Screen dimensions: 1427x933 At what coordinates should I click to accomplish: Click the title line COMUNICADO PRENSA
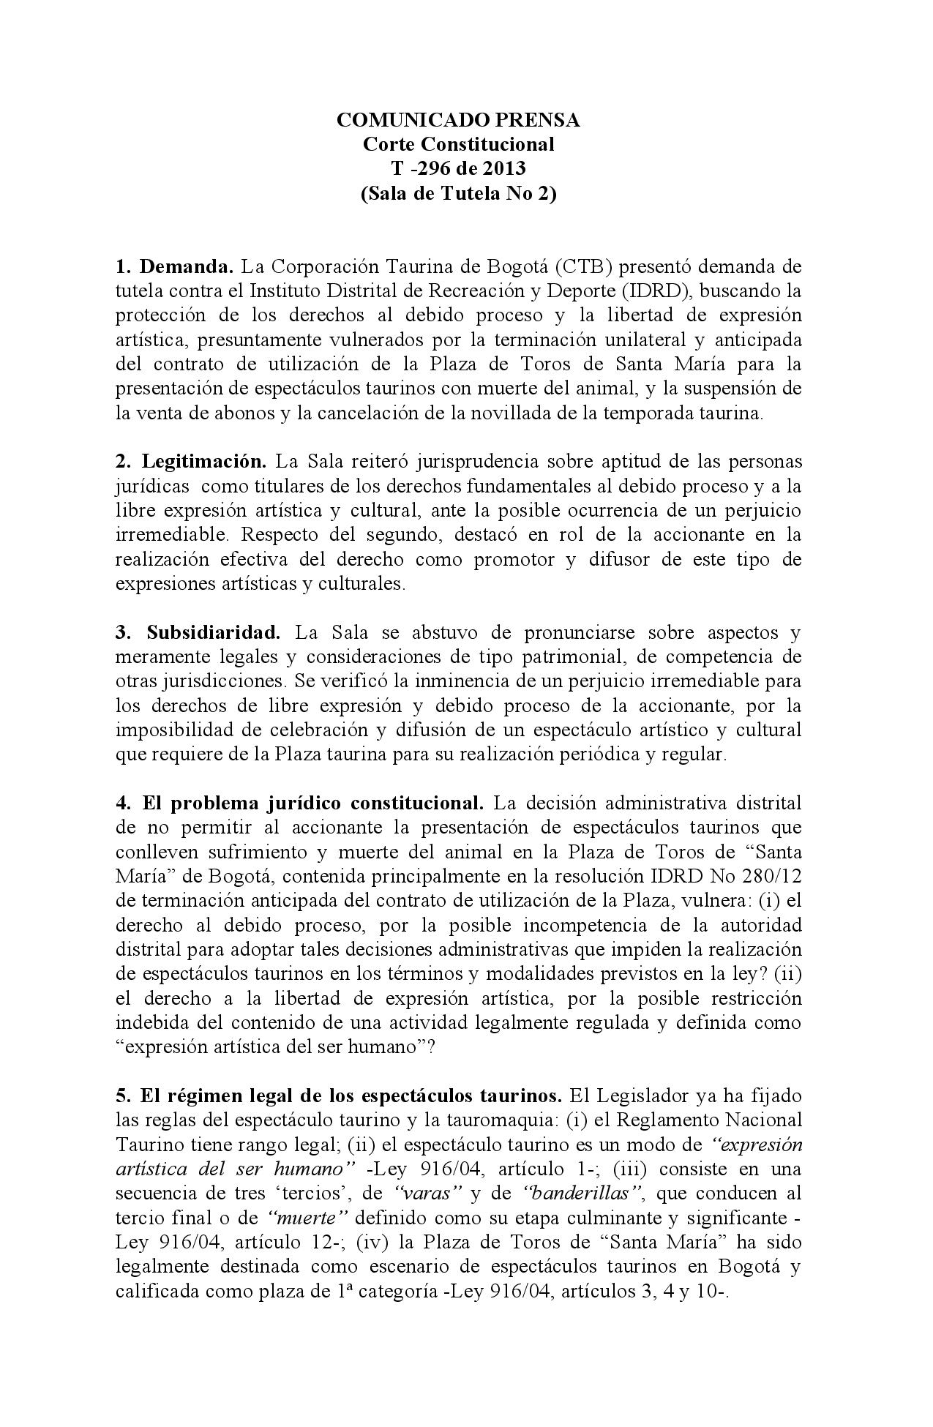pos(458,120)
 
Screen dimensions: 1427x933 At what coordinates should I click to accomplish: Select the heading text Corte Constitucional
pos(458,144)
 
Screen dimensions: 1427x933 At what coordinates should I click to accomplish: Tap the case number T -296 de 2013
pos(458,168)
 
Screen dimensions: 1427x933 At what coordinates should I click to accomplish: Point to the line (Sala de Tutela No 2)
pos(458,194)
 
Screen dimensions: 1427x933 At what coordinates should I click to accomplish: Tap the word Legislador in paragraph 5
pos(643,1095)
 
